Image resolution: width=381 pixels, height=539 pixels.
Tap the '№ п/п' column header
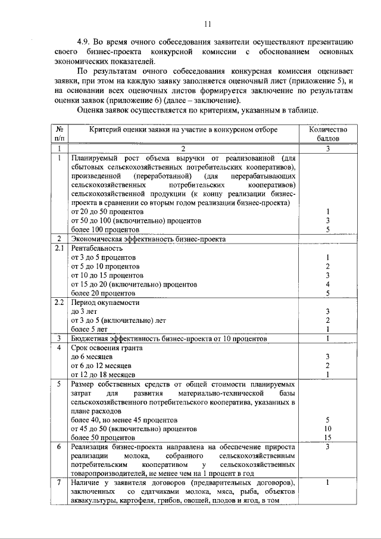[60, 133]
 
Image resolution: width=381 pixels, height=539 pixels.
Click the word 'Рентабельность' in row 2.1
[97, 248]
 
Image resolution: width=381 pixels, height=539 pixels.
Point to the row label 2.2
[60, 302]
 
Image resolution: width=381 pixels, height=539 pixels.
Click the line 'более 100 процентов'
[105, 229]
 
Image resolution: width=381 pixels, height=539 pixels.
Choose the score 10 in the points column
[327, 428]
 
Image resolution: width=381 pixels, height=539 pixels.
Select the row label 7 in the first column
[60, 482]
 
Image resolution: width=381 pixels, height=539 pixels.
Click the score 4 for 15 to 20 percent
[327, 284]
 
